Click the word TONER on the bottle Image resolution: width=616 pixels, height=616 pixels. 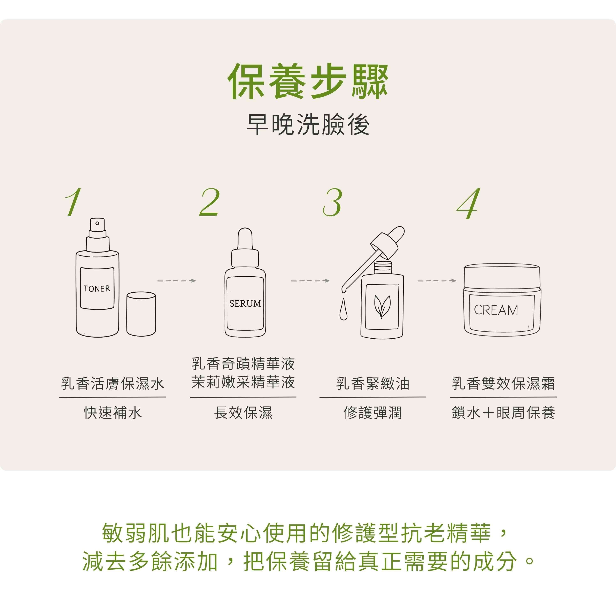97,288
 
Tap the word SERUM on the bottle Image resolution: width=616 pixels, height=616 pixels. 245,303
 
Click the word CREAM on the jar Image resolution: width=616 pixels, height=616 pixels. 496,310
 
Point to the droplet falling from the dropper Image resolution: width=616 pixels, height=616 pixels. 343,309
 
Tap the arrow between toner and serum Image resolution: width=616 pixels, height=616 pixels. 176,280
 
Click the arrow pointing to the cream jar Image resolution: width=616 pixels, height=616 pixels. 437,280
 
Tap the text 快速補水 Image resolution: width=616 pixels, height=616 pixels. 113,413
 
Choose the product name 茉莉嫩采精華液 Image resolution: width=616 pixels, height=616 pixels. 243,382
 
